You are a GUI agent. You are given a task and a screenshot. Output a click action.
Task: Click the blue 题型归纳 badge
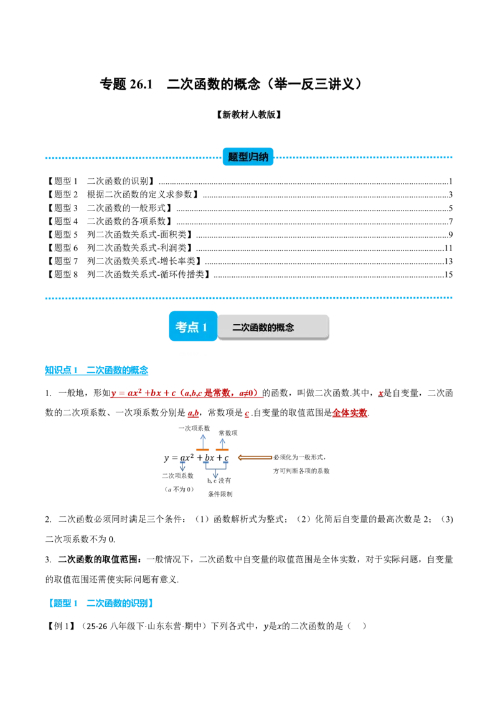point(248,157)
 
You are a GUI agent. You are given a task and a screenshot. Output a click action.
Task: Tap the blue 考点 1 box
point(193,326)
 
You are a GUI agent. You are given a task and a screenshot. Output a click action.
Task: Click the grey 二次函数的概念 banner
point(273,327)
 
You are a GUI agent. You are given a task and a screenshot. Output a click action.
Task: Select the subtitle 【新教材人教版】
point(248,115)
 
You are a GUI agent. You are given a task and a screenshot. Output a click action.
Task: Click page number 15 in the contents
point(448,274)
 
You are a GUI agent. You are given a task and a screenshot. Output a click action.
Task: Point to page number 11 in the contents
point(448,248)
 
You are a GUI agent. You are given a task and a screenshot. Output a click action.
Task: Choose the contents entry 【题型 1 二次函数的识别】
point(101,181)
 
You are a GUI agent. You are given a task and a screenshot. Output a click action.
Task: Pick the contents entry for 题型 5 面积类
point(120,234)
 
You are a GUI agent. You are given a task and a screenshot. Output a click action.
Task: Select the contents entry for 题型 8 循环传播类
point(129,274)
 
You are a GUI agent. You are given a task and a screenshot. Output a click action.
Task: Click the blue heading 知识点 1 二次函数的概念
point(96,370)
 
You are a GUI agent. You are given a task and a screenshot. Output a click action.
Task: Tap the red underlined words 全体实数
point(350,413)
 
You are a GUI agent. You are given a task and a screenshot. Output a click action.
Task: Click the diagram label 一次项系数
point(194,428)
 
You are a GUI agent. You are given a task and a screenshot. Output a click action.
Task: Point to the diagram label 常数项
point(228,433)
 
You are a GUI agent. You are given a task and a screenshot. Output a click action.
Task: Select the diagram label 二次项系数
point(178,476)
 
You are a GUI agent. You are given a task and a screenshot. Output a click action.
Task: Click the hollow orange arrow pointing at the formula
point(255,458)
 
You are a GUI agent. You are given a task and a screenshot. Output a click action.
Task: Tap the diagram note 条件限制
point(220,494)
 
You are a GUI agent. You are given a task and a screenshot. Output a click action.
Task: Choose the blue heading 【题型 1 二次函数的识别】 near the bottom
point(100,603)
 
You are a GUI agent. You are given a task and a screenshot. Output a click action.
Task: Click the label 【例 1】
point(60,626)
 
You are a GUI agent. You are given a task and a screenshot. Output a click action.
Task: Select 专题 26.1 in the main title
point(126,84)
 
